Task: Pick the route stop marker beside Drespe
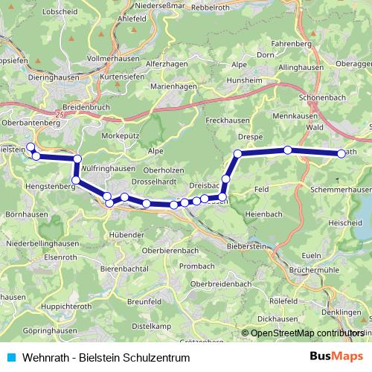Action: (x=238, y=154)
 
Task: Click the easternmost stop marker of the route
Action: (x=341, y=153)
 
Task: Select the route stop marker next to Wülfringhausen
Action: (x=77, y=158)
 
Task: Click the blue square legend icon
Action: (x=10, y=357)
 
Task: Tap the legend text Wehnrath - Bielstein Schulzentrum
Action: (x=106, y=357)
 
